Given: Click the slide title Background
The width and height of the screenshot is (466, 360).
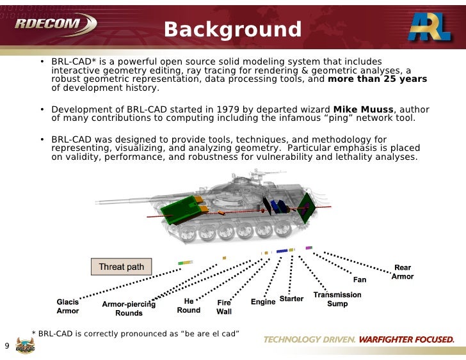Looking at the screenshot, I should click(232, 29).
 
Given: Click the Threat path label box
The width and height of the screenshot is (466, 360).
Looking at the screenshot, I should click(121, 267).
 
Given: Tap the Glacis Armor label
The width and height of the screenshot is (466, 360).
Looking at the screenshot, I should click(68, 306).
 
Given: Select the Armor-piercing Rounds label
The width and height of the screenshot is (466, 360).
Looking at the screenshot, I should click(129, 309).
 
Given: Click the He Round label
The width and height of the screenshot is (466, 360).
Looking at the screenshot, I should click(188, 306).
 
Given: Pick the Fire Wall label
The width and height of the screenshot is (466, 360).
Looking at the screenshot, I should click(224, 307).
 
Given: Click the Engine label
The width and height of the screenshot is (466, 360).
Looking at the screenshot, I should click(263, 302).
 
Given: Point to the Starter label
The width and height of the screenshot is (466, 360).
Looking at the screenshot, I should click(291, 299).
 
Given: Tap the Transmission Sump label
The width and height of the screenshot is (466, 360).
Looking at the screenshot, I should click(337, 299).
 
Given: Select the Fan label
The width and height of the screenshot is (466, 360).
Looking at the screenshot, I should click(360, 280).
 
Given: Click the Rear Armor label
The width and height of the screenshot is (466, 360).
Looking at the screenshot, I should click(403, 272).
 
